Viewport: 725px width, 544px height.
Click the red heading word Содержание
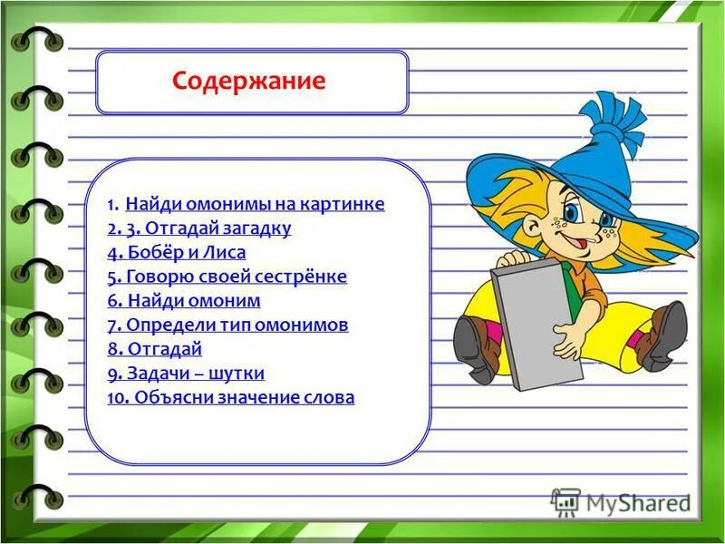click(x=248, y=81)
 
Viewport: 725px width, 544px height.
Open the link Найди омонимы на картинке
click(x=255, y=204)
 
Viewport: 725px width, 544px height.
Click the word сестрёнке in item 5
click(x=305, y=277)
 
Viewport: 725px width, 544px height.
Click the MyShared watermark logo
click(x=621, y=500)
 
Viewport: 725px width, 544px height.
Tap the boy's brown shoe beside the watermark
click(x=666, y=336)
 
